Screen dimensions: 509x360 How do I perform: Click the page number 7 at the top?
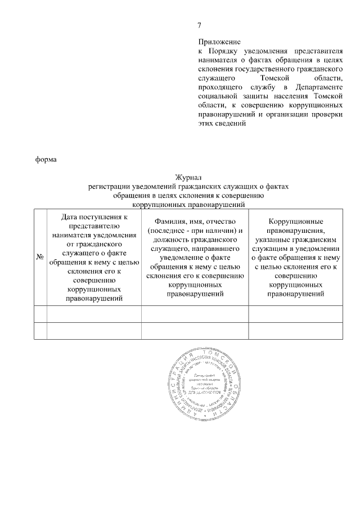(199, 25)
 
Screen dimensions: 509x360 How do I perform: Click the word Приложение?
(219, 42)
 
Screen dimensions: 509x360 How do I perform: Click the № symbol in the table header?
(40, 257)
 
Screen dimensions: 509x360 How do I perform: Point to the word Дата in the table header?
(62, 217)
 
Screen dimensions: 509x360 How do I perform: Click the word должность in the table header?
(167, 240)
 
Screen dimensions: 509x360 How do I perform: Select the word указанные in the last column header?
(269, 240)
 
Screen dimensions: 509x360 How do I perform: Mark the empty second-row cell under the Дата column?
(94, 331)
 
